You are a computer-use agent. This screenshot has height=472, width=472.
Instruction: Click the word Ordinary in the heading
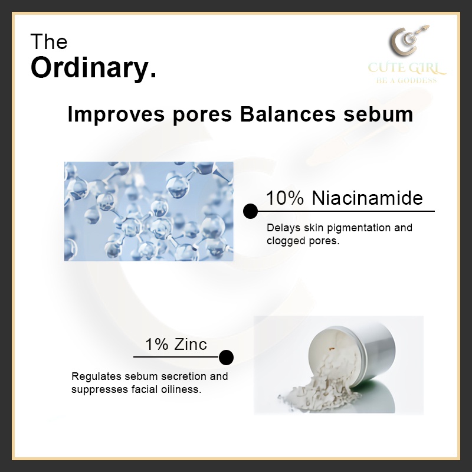click(x=93, y=68)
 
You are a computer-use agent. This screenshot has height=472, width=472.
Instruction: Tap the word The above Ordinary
click(x=49, y=42)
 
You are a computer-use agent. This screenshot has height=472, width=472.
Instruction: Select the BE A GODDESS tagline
click(x=407, y=80)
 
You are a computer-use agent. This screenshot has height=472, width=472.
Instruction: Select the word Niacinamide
click(x=368, y=198)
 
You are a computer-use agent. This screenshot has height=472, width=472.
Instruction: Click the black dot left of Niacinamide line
click(x=250, y=211)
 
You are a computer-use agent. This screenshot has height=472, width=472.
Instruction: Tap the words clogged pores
click(x=303, y=241)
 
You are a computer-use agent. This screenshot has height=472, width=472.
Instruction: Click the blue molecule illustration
click(x=149, y=211)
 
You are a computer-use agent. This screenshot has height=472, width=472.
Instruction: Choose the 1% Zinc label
click(x=176, y=344)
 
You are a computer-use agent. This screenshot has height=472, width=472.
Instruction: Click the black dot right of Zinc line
click(x=226, y=357)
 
